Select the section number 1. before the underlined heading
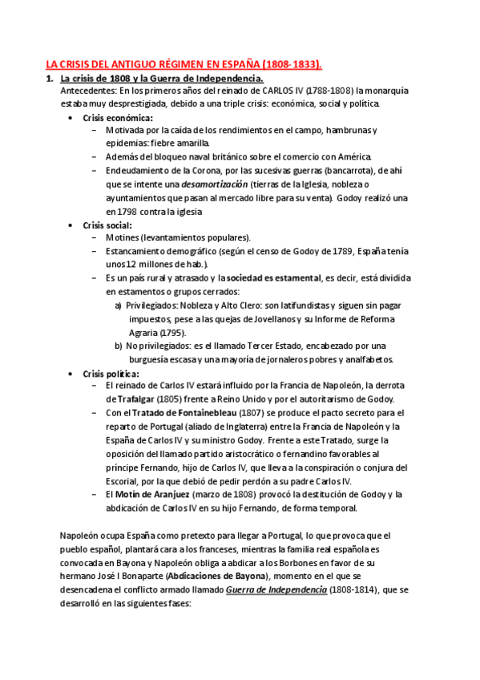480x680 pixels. tap(49, 78)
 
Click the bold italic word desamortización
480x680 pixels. tap(216, 184)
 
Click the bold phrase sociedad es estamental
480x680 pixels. tap(273, 278)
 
